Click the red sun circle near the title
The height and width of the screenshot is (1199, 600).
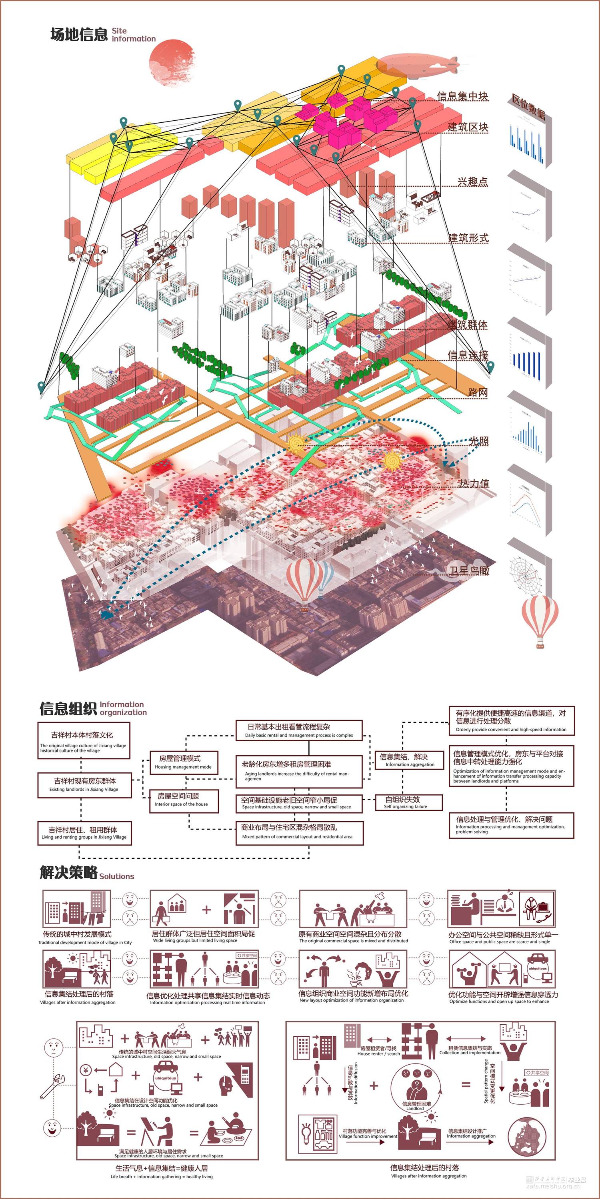tap(171, 63)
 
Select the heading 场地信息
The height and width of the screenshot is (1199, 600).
tap(79, 34)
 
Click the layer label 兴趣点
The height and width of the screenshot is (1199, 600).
tap(472, 182)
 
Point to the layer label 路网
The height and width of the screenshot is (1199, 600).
tap(478, 392)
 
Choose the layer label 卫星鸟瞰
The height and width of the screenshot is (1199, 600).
tap(469, 570)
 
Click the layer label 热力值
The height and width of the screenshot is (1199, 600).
tap(474, 483)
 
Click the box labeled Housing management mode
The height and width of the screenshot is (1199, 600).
tap(184, 762)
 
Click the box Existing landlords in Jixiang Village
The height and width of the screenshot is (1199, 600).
tap(84, 784)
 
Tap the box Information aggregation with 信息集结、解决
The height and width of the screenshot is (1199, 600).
tap(408, 760)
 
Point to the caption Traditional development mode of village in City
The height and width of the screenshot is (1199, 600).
tap(85, 942)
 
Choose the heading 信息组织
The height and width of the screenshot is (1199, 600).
tap(68, 708)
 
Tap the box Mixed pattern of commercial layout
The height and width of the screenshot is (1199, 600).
tap(299, 832)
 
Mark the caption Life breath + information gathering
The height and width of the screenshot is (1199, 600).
tap(161, 1176)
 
